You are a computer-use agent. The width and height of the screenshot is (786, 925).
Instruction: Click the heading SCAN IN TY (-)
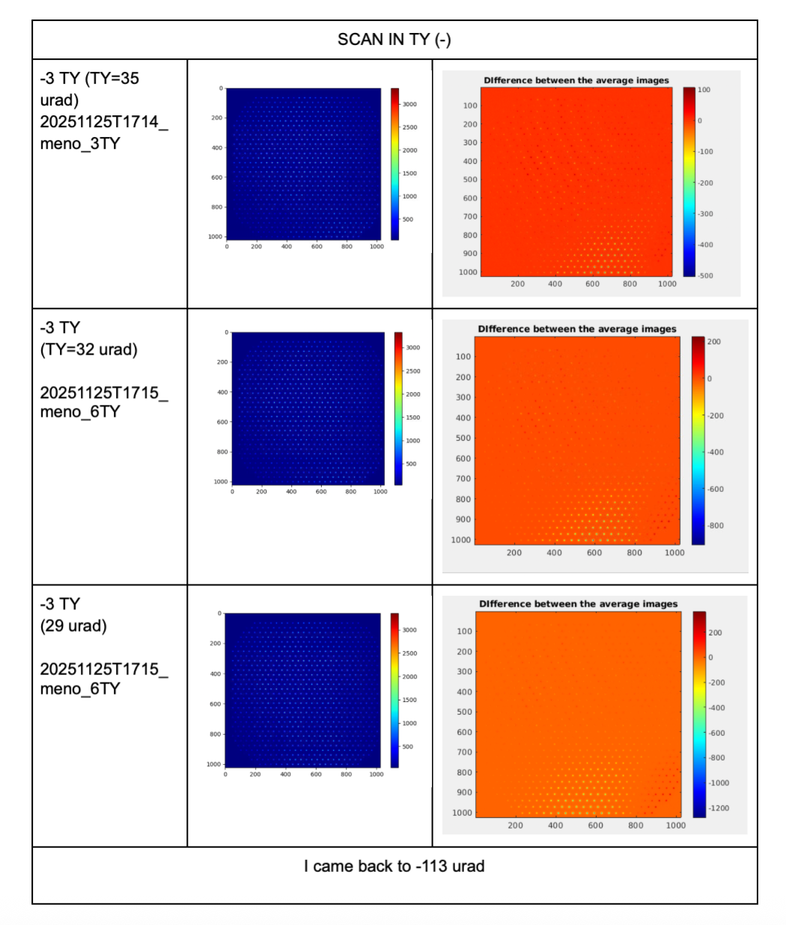pos(394,40)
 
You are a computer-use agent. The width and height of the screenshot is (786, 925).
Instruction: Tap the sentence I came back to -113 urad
pos(394,866)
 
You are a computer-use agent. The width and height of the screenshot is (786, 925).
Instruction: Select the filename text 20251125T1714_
pos(103,122)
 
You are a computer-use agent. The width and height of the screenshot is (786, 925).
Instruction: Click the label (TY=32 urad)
pos(88,349)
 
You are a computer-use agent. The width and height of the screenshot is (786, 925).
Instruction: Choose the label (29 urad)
pos(73,626)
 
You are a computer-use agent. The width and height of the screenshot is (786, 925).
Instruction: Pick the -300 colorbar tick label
pos(705,214)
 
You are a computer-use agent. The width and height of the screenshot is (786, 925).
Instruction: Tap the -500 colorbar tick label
pos(705,276)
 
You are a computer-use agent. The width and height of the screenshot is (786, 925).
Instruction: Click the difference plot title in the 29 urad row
pos(578,604)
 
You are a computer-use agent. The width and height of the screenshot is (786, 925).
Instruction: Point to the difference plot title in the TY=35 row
pos(576,81)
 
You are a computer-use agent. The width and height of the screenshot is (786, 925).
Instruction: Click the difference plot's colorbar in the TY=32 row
pos(698,440)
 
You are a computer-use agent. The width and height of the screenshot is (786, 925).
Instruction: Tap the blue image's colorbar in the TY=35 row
pos(394,164)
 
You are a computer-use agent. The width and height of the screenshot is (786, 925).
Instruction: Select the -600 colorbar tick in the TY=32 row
pos(716,489)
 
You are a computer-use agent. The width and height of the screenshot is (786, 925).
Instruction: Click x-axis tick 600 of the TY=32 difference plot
pos(594,553)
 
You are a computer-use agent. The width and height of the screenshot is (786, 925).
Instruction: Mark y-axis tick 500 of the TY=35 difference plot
pos(470,180)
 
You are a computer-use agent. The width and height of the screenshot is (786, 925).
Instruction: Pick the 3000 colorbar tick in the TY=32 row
pos(412,348)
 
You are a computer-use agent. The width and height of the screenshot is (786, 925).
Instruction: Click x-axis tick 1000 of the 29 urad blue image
pos(376,775)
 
